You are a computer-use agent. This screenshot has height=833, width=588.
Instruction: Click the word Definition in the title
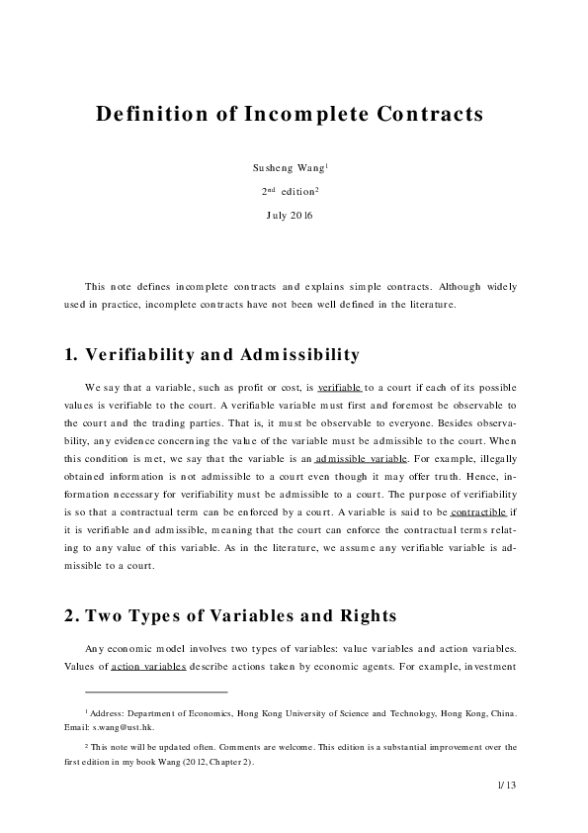(147, 114)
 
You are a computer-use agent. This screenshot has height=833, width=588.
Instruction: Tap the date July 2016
(290, 215)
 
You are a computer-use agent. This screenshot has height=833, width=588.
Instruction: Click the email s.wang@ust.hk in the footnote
(124, 725)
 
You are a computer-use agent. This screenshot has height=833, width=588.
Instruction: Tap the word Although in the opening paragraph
(440, 286)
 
